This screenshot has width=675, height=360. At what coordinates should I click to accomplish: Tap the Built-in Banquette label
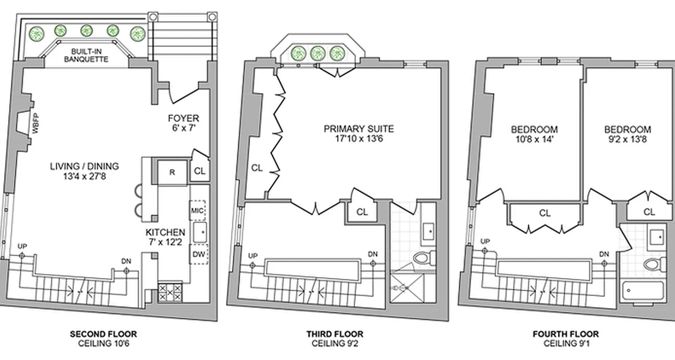click(86, 55)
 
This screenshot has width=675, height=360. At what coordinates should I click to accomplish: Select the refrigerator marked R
click(172, 172)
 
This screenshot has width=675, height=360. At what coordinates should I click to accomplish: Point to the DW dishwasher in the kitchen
click(198, 254)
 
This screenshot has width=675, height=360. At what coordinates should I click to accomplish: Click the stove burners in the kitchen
click(170, 292)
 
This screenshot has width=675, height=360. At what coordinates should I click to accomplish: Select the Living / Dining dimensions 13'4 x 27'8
click(85, 176)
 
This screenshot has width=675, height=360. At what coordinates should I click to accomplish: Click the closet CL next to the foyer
click(200, 171)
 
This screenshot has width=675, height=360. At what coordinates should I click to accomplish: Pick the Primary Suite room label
click(359, 129)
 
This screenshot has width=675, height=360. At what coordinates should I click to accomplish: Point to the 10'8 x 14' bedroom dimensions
click(534, 139)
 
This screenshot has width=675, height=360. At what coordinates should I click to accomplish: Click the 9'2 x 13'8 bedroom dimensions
click(627, 139)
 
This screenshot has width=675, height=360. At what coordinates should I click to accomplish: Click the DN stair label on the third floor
click(373, 254)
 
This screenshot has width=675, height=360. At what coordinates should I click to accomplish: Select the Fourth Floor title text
click(566, 334)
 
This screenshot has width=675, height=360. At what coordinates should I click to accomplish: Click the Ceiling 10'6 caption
click(103, 343)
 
